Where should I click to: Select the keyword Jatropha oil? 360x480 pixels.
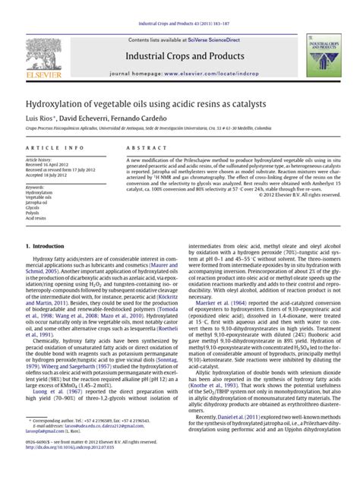(37, 203)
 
